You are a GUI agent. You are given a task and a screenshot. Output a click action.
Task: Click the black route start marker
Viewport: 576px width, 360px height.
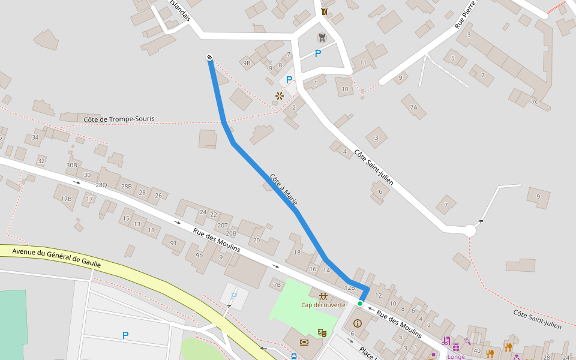[209, 57]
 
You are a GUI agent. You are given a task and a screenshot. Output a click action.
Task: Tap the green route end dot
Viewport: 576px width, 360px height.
[360, 304]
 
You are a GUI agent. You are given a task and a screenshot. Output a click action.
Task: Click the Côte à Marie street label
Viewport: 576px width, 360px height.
[284, 190]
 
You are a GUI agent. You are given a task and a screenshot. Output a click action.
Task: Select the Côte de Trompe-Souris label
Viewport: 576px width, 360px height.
[119, 119]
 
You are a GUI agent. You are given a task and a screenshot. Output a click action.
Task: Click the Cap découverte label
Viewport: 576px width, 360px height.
[323, 305]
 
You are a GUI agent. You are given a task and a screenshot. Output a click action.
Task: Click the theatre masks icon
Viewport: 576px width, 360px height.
[322, 332]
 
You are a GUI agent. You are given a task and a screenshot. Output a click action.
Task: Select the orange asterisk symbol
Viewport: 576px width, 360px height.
[279, 96]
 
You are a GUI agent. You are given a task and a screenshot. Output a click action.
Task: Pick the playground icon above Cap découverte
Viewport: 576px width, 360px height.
[323, 296]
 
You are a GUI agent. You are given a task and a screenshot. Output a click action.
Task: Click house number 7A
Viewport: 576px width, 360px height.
[413, 107]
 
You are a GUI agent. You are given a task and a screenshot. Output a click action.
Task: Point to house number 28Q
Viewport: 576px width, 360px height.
[101, 185]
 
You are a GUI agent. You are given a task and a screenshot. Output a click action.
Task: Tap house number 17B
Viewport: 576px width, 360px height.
[66, 199]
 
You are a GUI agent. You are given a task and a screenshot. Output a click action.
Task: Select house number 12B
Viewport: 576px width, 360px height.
[350, 287]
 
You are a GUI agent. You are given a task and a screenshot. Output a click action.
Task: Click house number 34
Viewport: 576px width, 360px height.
[35, 137]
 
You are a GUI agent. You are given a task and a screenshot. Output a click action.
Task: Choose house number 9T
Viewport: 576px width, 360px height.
[173, 242]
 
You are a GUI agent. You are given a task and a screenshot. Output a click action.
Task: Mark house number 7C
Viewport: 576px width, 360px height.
[535, 103]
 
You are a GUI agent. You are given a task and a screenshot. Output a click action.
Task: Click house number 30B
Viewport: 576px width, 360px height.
[72, 165]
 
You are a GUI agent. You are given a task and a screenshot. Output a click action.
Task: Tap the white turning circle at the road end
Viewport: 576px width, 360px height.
[470, 230]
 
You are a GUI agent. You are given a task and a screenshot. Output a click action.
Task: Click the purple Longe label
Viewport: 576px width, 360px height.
[456, 356]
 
